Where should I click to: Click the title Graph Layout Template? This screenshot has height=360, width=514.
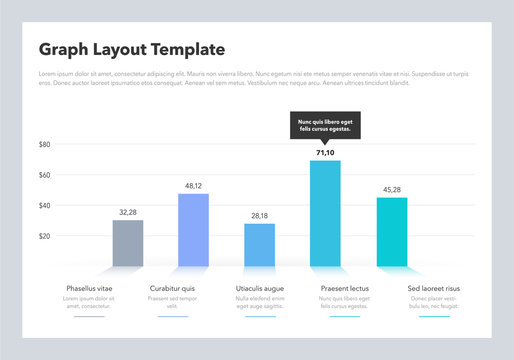(x=131, y=50)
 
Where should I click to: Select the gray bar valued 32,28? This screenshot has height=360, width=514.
(x=128, y=243)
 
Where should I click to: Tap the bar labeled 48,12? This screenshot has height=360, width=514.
(x=193, y=230)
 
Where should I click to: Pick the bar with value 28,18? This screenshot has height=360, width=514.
(x=259, y=245)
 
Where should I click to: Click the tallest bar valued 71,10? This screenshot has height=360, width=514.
(x=325, y=213)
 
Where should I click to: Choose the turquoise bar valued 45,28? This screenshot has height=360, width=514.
(x=391, y=231)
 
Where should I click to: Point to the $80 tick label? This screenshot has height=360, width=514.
(x=44, y=144)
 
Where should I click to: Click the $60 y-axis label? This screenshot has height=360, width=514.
(x=44, y=175)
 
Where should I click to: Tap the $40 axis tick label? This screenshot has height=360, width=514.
(x=44, y=206)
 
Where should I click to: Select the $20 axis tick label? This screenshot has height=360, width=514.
(x=44, y=236)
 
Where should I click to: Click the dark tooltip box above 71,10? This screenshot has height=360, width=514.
(x=325, y=126)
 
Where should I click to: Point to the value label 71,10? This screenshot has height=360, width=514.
(x=325, y=153)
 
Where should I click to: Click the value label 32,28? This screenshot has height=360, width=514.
(x=128, y=212)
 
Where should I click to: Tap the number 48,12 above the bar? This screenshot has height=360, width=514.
(x=193, y=186)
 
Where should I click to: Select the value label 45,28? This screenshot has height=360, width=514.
(x=391, y=189)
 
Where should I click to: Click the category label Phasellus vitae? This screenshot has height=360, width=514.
(x=89, y=288)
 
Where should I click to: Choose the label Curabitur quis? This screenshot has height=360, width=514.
(x=172, y=288)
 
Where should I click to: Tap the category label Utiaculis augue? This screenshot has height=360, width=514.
(x=260, y=288)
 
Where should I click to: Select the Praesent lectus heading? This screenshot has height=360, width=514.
(x=344, y=288)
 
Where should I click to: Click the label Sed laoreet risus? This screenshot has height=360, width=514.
(x=434, y=288)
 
